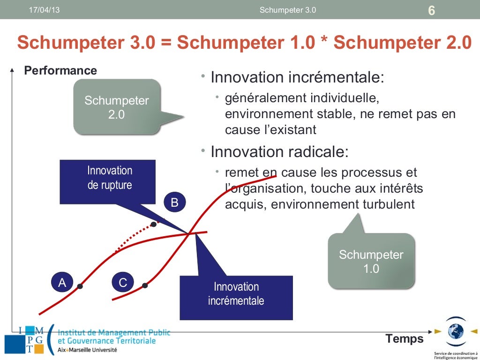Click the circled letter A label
[x=62, y=283]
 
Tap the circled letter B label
[x=174, y=202]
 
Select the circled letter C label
[x=123, y=283]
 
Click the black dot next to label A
[x=80, y=286]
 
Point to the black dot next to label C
[x=145, y=285]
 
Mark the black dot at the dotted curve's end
[x=153, y=224]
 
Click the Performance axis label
[x=60, y=70]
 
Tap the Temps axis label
[x=404, y=338]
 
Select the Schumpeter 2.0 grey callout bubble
[x=116, y=107]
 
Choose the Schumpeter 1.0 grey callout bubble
[x=371, y=262]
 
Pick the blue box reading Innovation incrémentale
[x=236, y=294]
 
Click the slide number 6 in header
[x=431, y=10]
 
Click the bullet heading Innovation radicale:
[x=279, y=152]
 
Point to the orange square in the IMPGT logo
[x=38, y=349]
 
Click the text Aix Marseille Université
[x=88, y=350]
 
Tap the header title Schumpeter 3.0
[x=287, y=10]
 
